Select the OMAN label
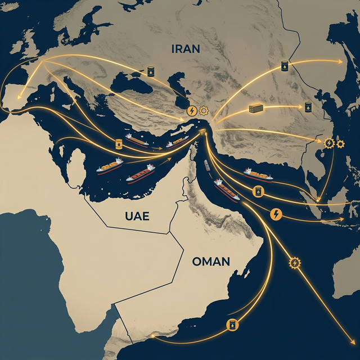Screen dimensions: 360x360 [x=211, y=261]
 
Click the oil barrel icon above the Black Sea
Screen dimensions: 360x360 [x=151, y=71]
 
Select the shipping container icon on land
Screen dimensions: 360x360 [x=256, y=109]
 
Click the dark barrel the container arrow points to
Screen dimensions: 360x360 [x=308, y=106]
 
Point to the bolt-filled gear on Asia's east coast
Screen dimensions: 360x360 [x=329, y=143]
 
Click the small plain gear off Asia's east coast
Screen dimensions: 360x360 [x=340, y=143]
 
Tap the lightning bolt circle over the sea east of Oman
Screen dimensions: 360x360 [x=276, y=214]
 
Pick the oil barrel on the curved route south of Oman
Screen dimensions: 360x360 [x=231, y=325]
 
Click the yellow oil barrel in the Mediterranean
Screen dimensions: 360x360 [x=119, y=144]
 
